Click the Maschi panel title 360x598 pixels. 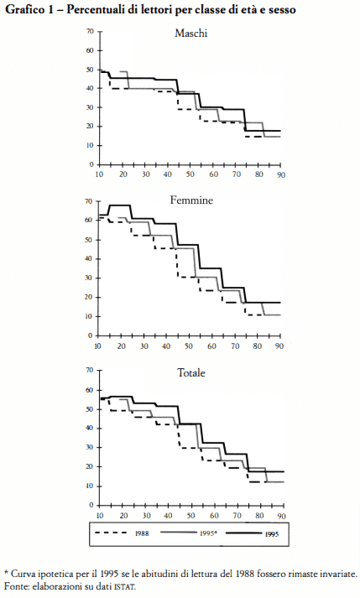click(190, 34)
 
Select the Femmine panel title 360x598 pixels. click(191, 200)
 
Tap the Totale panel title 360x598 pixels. click(190, 372)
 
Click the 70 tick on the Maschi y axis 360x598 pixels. click(90, 31)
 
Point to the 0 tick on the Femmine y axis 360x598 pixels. click(91, 335)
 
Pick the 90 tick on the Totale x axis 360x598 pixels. click(281, 516)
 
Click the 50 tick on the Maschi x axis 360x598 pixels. click(190, 174)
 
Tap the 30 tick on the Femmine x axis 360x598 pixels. click(144, 346)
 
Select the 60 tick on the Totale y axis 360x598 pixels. click(90, 390)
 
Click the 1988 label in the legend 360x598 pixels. click(142, 533)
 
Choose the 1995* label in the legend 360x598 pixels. click(208, 533)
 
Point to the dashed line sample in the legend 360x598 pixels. click(110, 533)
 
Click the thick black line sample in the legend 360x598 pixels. click(244, 533)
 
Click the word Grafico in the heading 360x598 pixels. click(24, 9)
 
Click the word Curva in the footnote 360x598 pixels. click(23, 574)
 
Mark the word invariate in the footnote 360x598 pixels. click(341, 574)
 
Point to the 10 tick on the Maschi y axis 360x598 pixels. click(90, 145)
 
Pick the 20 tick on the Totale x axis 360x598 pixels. click(123, 516)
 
